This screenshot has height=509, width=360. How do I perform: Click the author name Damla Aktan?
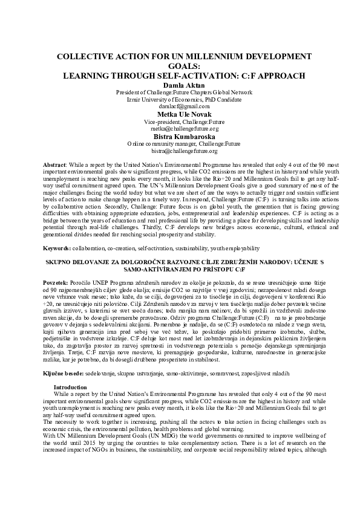pos(180,85)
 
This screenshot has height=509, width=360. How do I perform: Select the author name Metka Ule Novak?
pos(180,114)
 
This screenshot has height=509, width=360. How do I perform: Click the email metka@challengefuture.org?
pos(180,129)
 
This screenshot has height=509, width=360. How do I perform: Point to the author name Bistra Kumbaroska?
pos(180,137)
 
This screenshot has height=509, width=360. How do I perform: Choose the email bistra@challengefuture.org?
pos(180,151)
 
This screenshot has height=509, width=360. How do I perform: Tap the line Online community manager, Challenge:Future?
pos(180,144)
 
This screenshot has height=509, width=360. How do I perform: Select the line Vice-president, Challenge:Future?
pos(180,122)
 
